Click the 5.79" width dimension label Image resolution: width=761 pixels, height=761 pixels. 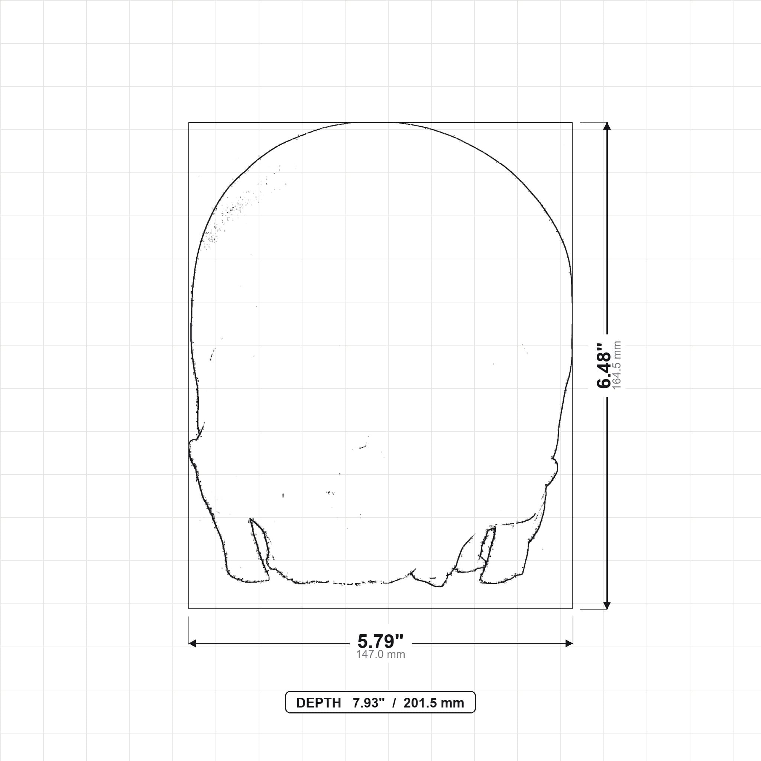pos(380,642)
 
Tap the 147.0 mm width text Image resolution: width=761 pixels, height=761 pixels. pos(380,655)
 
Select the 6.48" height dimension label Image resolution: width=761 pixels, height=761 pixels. pos(603,366)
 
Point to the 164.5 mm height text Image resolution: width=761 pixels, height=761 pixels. pos(617,365)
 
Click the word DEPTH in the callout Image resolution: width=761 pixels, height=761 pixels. pos(318,703)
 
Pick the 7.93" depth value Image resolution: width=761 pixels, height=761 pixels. pos(368,703)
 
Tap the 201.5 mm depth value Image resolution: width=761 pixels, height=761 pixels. pos(434,703)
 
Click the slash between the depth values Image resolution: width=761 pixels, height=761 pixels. pos(394,703)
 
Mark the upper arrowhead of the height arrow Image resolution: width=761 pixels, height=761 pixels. pos(607,126)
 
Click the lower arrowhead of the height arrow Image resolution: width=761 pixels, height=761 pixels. pos(607,605)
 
